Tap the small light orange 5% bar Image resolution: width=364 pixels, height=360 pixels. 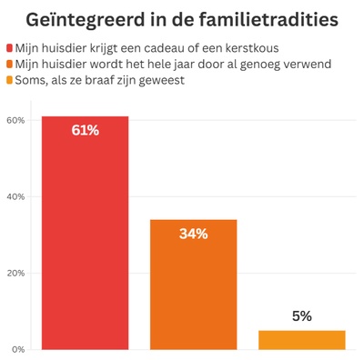[302, 339]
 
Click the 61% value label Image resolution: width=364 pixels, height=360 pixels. [85, 131]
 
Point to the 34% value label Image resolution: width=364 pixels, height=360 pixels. [193, 235]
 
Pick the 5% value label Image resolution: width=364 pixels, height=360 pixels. [302, 315]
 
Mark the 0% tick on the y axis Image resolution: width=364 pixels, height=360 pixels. [17, 349]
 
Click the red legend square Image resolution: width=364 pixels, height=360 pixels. [9, 47]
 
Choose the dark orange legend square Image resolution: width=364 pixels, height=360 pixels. [9, 64]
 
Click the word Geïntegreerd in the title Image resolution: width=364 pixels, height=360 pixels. [84, 19]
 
